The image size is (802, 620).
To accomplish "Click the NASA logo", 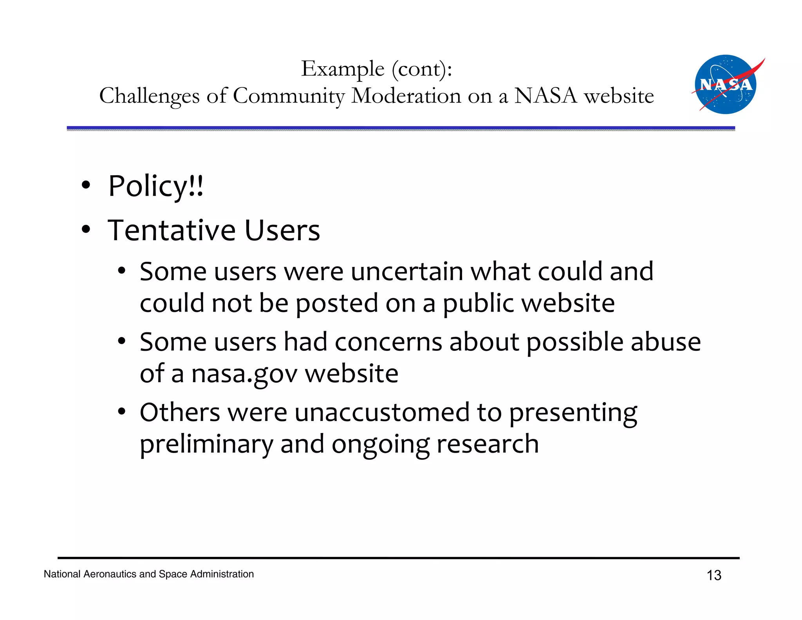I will click(x=726, y=84).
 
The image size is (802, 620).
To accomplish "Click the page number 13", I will click(x=713, y=575).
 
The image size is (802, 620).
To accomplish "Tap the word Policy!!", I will click(x=156, y=186).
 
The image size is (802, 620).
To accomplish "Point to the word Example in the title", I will click(x=343, y=69).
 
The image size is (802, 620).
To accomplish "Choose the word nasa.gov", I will click(x=244, y=373).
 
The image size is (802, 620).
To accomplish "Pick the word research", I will click(x=487, y=444).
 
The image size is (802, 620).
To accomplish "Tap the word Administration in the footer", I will click(x=222, y=574).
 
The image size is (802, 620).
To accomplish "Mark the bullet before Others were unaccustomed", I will click(x=122, y=412).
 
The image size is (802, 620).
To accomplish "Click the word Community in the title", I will click(x=289, y=95).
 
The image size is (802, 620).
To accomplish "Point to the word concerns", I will click(x=388, y=342).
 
